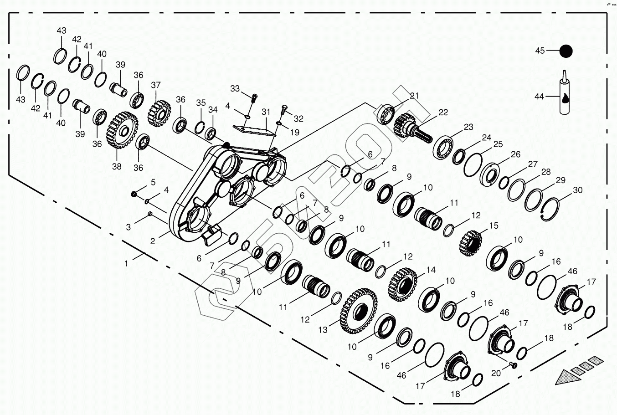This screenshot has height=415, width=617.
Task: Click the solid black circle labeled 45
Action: tap(566, 51)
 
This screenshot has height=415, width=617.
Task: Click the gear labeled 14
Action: tap(402, 284)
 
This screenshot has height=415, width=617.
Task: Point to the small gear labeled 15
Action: tap(470, 242)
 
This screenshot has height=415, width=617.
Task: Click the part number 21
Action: tap(414, 96)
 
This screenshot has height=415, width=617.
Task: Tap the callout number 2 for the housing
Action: tap(153, 241)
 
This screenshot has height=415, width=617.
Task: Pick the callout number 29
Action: tap(560, 180)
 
